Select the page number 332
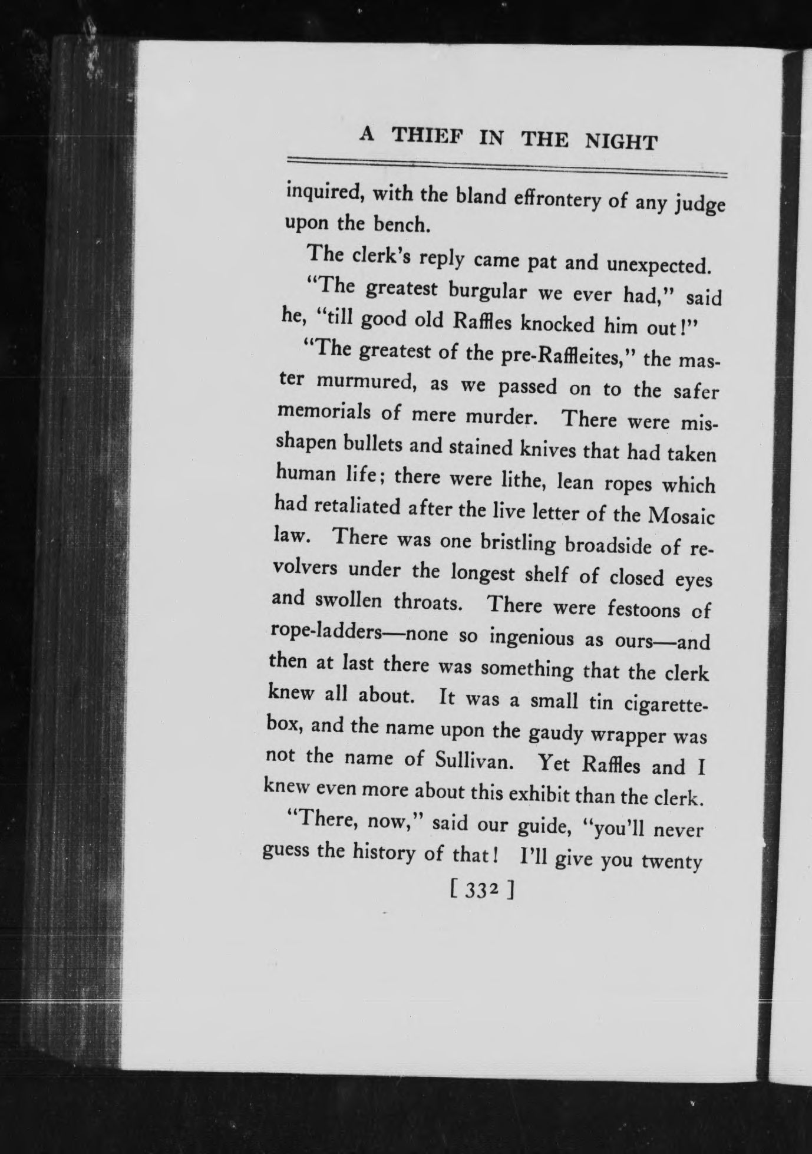click(483, 905)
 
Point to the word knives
click(548, 450)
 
